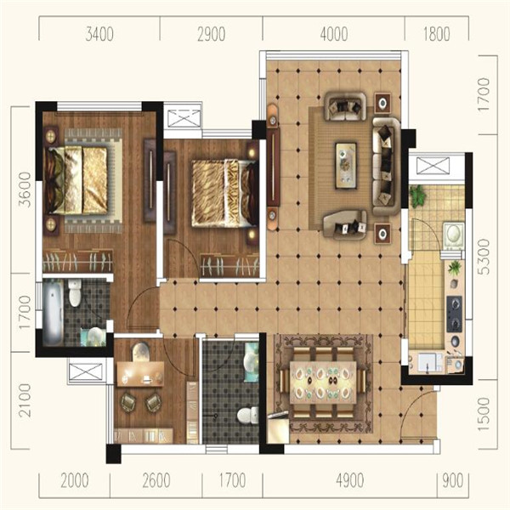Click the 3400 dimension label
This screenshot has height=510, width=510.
click(x=99, y=34)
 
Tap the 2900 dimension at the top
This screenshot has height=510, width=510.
click(x=212, y=34)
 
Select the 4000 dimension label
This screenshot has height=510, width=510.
click(x=334, y=34)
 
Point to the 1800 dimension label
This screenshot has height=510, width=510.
click(x=437, y=34)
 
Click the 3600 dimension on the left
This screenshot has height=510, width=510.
click(x=25, y=190)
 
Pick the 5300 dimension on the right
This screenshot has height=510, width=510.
click(x=484, y=257)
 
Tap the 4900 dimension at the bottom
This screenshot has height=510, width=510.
click(x=350, y=481)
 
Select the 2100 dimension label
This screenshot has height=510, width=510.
click(x=25, y=400)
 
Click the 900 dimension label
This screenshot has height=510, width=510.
click(x=453, y=481)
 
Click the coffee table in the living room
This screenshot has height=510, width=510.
click(x=346, y=165)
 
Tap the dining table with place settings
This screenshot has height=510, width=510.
click(x=323, y=382)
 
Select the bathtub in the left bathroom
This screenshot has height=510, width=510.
click(x=53, y=312)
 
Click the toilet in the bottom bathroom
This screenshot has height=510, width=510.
click(x=248, y=415)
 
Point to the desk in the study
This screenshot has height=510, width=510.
click(x=140, y=374)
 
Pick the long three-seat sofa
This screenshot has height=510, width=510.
click(x=387, y=167)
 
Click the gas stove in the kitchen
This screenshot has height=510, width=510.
click(x=455, y=314)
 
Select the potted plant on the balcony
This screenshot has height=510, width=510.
click(x=416, y=195)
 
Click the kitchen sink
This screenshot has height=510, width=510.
click(x=427, y=363)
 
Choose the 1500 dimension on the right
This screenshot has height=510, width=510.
click(x=484, y=414)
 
